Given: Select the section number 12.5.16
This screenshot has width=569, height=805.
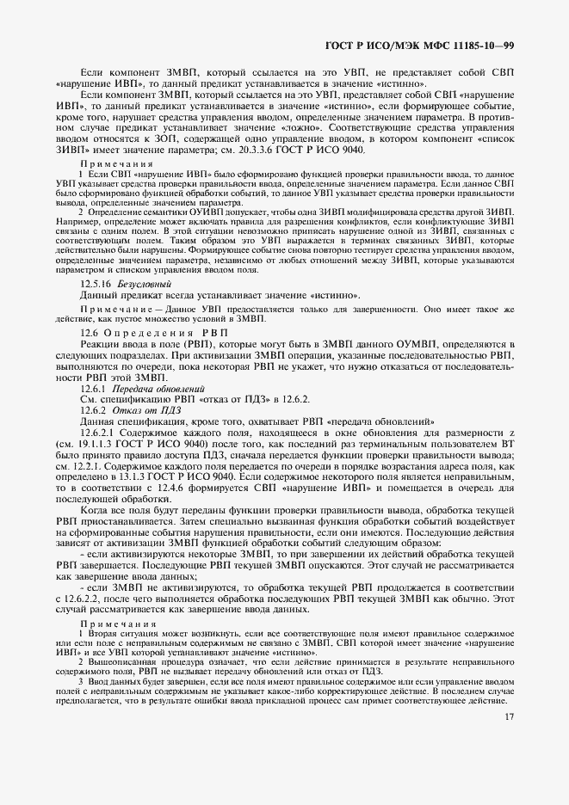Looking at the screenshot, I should coord(96,283).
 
